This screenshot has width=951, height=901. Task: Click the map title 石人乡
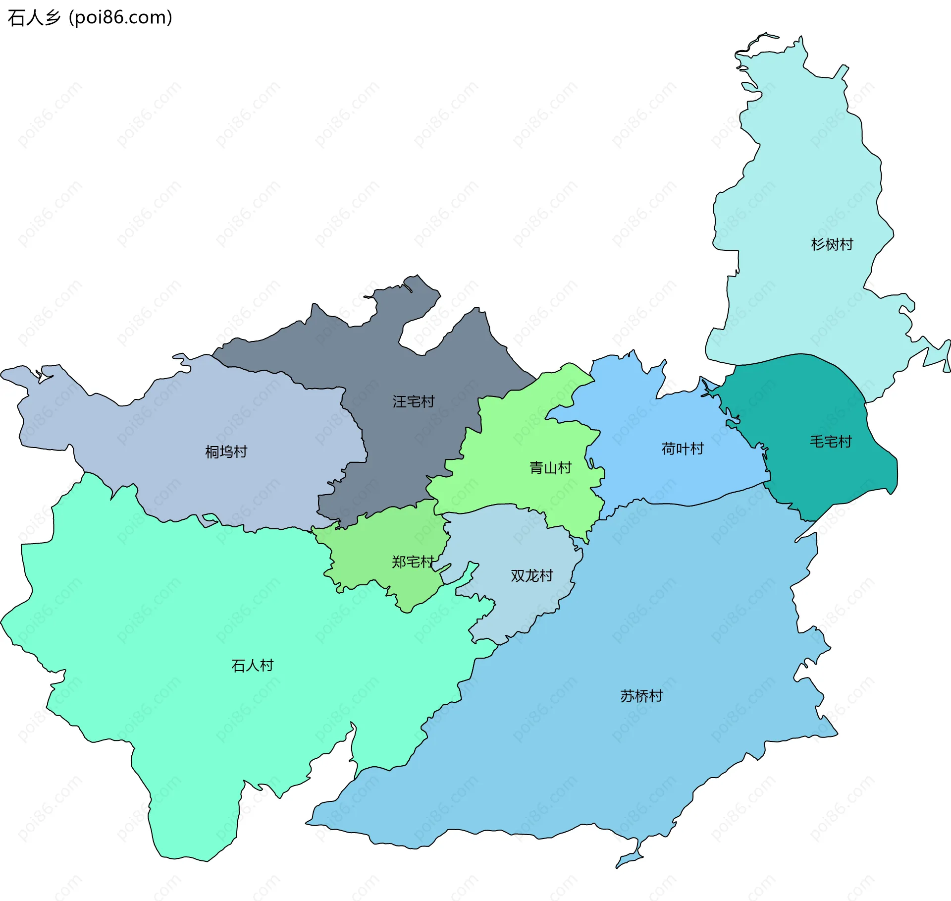pyautogui.click(x=34, y=18)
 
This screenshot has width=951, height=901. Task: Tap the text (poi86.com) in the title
pyautogui.click(x=120, y=18)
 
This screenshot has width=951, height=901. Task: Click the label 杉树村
pyautogui.click(x=832, y=244)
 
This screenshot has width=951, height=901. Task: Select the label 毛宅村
pyautogui.click(x=830, y=442)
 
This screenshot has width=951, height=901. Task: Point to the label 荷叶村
pyautogui.click(x=683, y=449)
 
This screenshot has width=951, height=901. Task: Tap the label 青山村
pyautogui.click(x=550, y=467)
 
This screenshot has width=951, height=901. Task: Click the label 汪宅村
pyautogui.click(x=413, y=401)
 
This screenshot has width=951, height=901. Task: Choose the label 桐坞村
pyautogui.click(x=226, y=451)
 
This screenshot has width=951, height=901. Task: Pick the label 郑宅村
pyautogui.click(x=413, y=562)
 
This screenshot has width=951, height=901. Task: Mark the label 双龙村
pyautogui.click(x=531, y=575)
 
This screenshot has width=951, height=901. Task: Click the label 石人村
pyautogui.click(x=252, y=665)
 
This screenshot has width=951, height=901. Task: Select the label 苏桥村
pyautogui.click(x=641, y=696)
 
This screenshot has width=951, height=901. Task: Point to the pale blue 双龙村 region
pyautogui.click(x=520, y=605)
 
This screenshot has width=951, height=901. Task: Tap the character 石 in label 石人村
pyautogui.click(x=238, y=665)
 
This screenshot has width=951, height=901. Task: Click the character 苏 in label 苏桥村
pyautogui.click(x=627, y=696)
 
